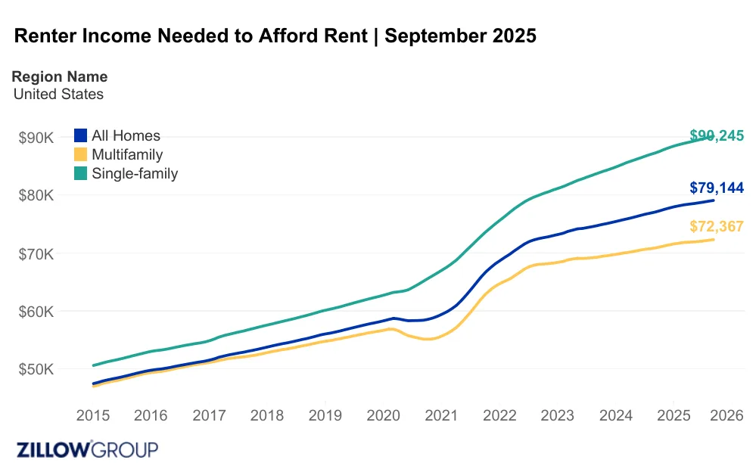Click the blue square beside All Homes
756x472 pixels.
tap(81, 136)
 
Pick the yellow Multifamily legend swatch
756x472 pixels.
tap(81, 155)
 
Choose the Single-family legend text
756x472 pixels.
tap(135, 173)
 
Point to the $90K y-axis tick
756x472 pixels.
tap(36, 138)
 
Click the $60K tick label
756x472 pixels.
tap(36, 312)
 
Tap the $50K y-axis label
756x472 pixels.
tap(36, 370)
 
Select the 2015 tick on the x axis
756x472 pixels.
tap(93, 415)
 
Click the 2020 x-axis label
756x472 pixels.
tap(383, 415)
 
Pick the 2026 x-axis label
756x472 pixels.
tap(730, 415)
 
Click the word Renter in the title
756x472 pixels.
tap(47, 36)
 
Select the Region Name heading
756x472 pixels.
tap(60, 76)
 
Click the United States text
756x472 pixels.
tap(58, 95)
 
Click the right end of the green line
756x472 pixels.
tap(714, 135)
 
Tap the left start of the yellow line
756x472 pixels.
tap(94, 386)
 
